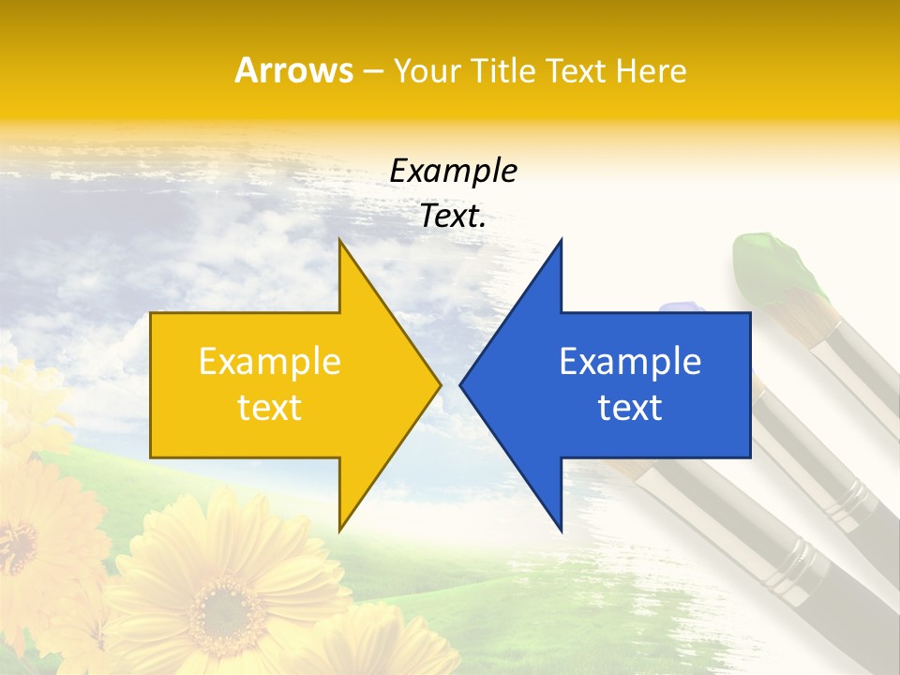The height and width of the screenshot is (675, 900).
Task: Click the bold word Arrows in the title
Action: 293,71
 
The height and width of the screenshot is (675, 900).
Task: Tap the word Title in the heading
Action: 500,71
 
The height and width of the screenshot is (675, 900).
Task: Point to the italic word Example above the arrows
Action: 454,172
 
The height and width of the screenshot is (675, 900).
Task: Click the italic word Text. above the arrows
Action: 454,217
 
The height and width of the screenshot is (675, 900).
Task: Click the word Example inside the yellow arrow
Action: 270,362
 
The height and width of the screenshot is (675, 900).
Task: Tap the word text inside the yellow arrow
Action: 270,408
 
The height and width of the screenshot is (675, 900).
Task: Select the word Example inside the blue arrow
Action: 630,362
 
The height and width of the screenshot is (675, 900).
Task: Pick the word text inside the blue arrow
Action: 630,408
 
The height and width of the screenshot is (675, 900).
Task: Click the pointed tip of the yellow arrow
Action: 440,383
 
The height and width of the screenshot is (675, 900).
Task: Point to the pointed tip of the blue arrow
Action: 461,383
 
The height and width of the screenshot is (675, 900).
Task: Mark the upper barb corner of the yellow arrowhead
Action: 339,240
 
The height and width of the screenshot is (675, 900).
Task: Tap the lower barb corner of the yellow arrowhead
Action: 339,531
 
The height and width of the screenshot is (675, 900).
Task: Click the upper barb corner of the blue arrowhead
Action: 561,240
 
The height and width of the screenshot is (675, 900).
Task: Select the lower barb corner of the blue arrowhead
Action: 561,531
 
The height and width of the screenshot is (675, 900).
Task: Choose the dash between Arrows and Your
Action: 371,72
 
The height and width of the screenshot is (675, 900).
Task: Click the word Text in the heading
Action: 575,71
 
